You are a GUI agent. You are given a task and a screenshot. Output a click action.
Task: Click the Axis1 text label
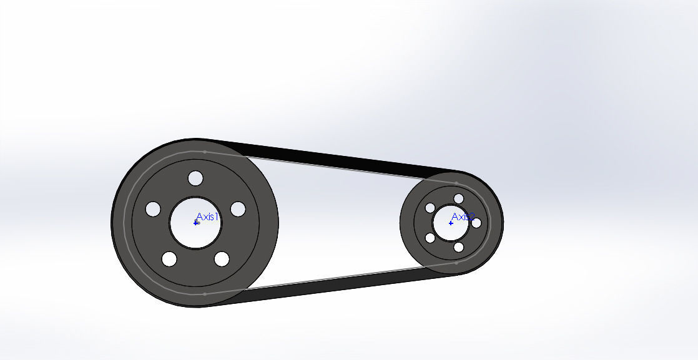[x=208, y=216]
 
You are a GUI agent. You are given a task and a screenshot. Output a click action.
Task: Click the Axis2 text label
[x=463, y=216]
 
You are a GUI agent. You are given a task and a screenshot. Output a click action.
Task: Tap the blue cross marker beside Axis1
[x=196, y=223]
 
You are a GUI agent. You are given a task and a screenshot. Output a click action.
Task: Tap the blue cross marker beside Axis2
[x=451, y=223]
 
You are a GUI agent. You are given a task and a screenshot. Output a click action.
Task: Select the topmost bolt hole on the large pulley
[x=195, y=178]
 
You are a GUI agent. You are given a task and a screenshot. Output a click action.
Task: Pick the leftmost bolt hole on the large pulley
[x=153, y=209]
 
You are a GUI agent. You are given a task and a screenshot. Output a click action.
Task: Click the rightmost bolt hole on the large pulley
[x=238, y=209]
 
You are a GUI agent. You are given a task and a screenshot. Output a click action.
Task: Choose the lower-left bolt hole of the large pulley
[x=169, y=258]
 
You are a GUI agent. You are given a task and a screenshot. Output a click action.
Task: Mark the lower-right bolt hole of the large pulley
[x=222, y=258]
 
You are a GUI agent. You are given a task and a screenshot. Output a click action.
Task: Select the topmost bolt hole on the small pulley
[x=459, y=198]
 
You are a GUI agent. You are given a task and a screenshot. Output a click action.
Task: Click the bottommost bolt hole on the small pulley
[x=459, y=247]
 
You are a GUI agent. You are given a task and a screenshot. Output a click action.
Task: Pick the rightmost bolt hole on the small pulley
[x=476, y=223]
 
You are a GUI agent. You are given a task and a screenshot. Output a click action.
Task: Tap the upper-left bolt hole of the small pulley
[x=430, y=208]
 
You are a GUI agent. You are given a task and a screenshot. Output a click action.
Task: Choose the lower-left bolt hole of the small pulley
[x=430, y=238]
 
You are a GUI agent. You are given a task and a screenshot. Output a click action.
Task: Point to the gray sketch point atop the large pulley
[x=205, y=152]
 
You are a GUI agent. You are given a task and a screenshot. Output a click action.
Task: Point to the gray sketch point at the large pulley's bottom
[x=205, y=293]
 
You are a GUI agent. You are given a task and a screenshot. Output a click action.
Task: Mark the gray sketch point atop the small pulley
[x=456, y=183]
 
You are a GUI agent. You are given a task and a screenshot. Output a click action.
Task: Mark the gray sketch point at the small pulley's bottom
[x=456, y=263]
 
